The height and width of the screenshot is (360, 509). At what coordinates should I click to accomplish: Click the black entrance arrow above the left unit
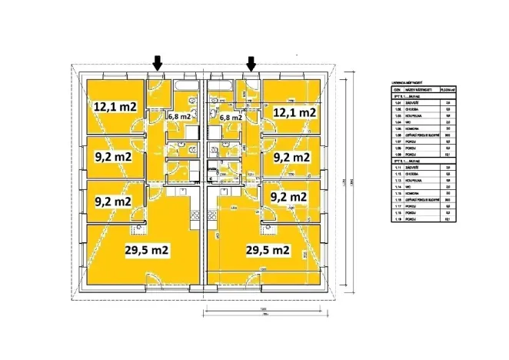(x=157, y=62)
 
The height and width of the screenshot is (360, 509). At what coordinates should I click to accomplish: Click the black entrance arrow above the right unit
(x=251, y=62)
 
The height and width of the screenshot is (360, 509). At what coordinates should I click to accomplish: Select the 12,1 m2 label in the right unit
(x=294, y=112)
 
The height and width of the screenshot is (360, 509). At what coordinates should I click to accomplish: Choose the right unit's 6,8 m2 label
(x=231, y=118)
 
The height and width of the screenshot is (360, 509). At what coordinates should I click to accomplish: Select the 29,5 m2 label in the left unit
(x=147, y=250)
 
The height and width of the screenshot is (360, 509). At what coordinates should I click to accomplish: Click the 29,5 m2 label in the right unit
(x=267, y=250)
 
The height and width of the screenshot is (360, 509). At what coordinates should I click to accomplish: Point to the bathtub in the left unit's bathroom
(x=186, y=86)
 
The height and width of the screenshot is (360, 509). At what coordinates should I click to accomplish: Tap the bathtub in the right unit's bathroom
(x=223, y=86)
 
